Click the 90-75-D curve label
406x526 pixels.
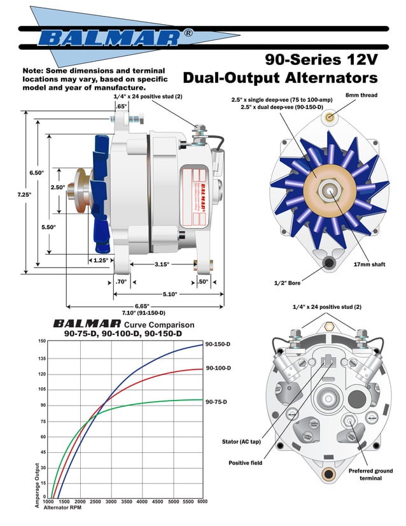pyautogui.click(x=216, y=402)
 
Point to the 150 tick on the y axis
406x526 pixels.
pyautogui.click(x=42, y=341)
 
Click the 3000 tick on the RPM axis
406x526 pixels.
pyautogui.click(x=111, y=502)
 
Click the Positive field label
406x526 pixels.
pyautogui.click(x=244, y=463)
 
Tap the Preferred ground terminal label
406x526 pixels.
pyautogui.click(x=369, y=475)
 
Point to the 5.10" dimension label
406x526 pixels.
pyautogui.click(x=170, y=294)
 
